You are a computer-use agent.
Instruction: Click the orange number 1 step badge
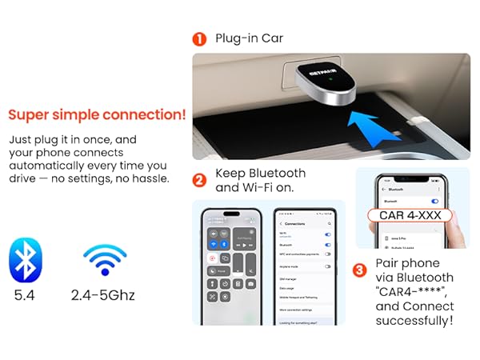[x=199, y=38]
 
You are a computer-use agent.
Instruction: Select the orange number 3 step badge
[x=359, y=270]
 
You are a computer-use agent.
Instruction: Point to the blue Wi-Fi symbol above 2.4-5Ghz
[x=104, y=260]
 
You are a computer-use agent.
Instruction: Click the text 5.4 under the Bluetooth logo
[x=25, y=296]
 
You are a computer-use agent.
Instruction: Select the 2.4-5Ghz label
[x=103, y=296]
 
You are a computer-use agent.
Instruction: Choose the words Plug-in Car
[x=249, y=38]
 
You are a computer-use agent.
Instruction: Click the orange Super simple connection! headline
[x=97, y=114]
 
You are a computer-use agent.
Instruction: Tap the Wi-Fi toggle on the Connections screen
[x=327, y=234]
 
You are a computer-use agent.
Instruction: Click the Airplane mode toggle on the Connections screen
[x=327, y=263]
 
